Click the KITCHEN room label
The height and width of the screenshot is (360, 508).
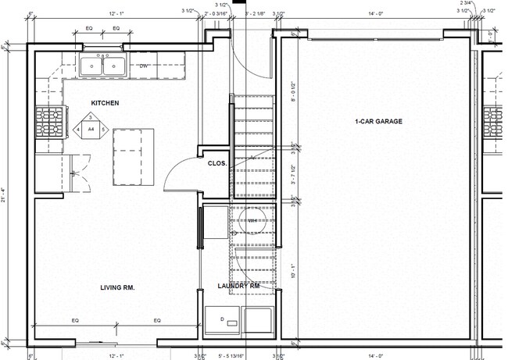[x=106, y=103]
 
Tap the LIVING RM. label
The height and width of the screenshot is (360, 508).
[x=117, y=288]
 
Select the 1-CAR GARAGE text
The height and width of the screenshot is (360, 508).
[x=378, y=122]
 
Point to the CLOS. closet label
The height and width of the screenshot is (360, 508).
[x=217, y=163]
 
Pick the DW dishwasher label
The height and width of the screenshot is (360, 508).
[x=144, y=66]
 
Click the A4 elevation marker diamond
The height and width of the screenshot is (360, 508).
[x=91, y=128]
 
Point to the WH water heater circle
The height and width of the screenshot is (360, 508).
[x=252, y=221]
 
